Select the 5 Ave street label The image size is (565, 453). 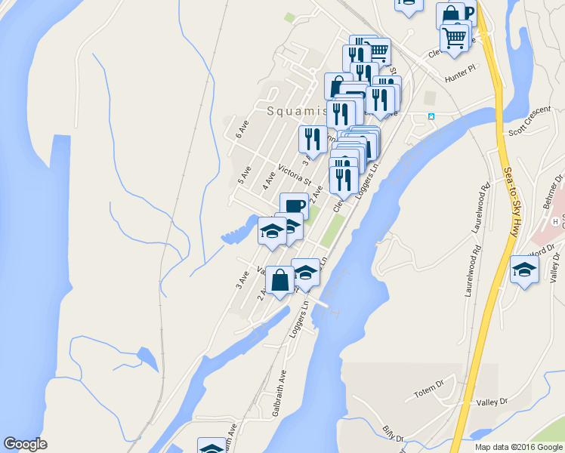pyautogui.click(x=243, y=176)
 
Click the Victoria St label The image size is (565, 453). pyautogui.click(x=295, y=175)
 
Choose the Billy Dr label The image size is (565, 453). pyautogui.click(x=393, y=434)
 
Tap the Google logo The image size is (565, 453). pyautogui.click(x=25, y=444)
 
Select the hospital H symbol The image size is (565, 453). pyautogui.click(x=555, y=221)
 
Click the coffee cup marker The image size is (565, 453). pyautogui.click(x=294, y=205)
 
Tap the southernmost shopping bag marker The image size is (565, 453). pyautogui.click(x=279, y=280)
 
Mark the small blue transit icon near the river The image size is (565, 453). pyautogui.click(x=431, y=116)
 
